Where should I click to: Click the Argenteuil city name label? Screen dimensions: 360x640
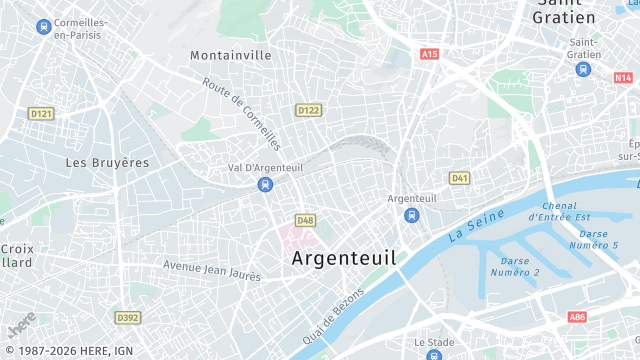pyautogui.click(x=343, y=257)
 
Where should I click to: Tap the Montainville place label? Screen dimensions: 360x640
pyautogui.click(x=231, y=55)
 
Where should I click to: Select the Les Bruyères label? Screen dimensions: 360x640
pyautogui.click(x=107, y=162)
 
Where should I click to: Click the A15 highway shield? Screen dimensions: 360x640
pyautogui.click(x=429, y=53)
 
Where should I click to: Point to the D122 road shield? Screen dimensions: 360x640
pyautogui.click(x=308, y=110)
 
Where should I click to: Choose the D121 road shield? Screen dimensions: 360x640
pyautogui.click(x=41, y=114)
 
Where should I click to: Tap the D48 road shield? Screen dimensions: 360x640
pyautogui.click(x=305, y=219)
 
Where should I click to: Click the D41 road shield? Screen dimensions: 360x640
pyautogui.click(x=459, y=178)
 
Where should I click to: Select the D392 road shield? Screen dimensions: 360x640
pyautogui.click(x=127, y=317)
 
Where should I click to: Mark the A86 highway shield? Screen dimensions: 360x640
pyautogui.click(x=577, y=317)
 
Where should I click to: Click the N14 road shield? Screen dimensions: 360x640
pyautogui.click(x=624, y=77)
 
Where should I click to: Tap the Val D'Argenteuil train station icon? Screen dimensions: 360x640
pyautogui.click(x=265, y=184)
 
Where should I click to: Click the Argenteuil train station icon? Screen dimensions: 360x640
pyautogui.click(x=411, y=215)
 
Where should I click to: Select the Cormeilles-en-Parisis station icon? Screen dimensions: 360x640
pyautogui.click(x=43, y=26)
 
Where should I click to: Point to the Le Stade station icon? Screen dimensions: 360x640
pyautogui.click(x=433, y=354)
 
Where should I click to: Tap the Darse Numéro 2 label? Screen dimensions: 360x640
pyautogui.click(x=515, y=267)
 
